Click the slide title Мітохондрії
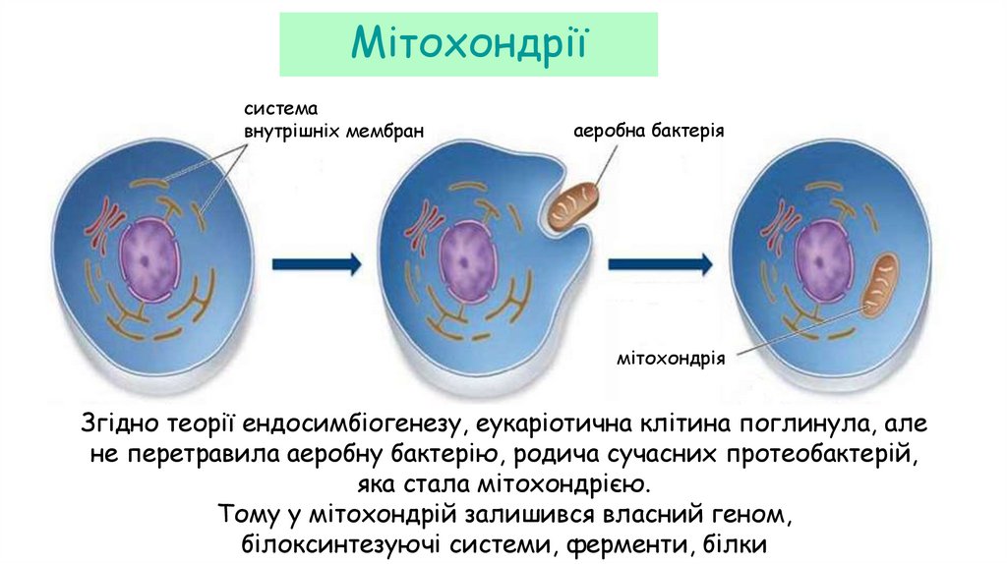pyautogui.click(x=468, y=44)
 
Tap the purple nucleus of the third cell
pyautogui.click(x=824, y=257)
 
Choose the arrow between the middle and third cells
pyautogui.click(x=660, y=263)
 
